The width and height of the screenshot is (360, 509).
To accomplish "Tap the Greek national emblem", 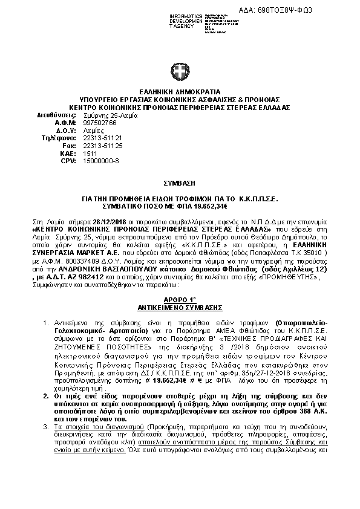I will pyautogui.click(x=180, y=74).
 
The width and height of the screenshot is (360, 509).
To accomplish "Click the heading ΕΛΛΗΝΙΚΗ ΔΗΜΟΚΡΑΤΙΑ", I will pyautogui.click(x=180, y=91).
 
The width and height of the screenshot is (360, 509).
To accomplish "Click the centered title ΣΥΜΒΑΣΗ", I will pyautogui.click(x=180, y=181).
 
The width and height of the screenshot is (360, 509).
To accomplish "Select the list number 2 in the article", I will pyautogui.click(x=53, y=378).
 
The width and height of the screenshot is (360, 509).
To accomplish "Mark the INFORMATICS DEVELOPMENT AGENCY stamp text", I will pyautogui.click(x=169, y=21).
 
